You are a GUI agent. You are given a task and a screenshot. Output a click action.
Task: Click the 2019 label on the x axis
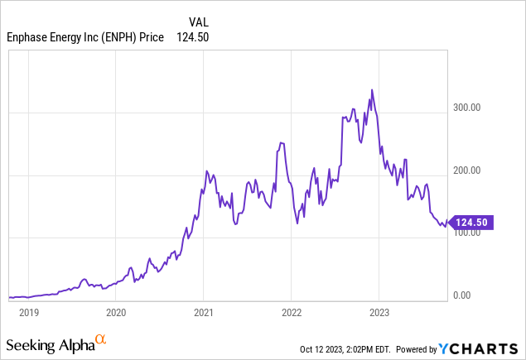click(29, 313)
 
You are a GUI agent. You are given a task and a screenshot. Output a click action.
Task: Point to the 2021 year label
click(204, 313)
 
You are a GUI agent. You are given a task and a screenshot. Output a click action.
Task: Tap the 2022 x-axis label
click(292, 313)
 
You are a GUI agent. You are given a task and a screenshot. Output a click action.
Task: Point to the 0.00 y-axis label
click(463, 295)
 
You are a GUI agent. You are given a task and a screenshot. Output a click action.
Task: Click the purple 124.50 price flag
click(472, 222)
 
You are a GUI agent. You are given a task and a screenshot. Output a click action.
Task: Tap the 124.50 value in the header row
click(191, 37)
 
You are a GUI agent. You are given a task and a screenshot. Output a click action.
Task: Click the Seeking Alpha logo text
click(50, 343)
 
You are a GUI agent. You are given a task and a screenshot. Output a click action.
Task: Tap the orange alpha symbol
click(101, 339)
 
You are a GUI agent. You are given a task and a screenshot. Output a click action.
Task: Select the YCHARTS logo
click(490, 348)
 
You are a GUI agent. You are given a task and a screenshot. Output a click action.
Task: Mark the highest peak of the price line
click(372, 89)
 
